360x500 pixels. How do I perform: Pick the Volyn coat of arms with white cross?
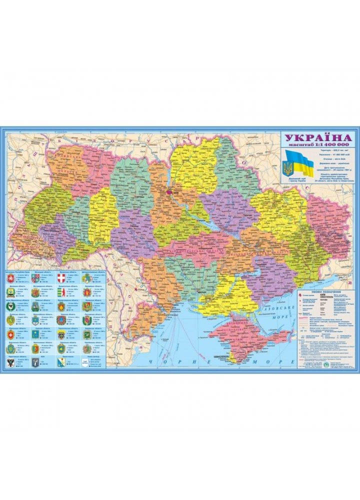click(x=61, y=279)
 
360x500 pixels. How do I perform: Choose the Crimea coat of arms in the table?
click(x=10, y=279)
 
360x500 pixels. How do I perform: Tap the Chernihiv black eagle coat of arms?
click(x=10, y=362)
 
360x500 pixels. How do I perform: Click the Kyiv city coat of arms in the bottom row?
click(x=35, y=362)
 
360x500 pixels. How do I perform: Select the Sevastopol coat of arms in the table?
click(x=61, y=362)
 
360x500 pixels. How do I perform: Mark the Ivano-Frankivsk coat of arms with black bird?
click(x=10, y=306)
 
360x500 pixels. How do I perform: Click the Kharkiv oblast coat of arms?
click(x=87, y=334)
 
